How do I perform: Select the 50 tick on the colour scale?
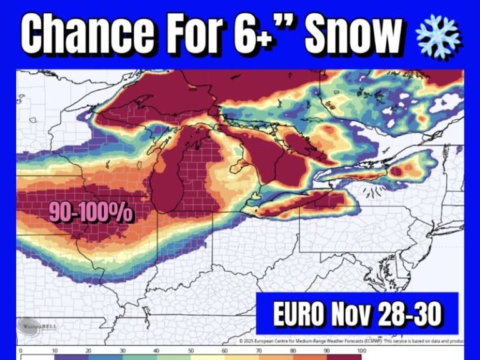[191, 351]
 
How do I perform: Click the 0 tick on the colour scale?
[21, 351]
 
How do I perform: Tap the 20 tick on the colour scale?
[89, 351]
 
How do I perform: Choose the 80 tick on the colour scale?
[292, 351]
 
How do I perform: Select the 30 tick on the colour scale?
[122, 351]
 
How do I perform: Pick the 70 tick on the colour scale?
[258, 351]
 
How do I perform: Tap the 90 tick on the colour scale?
[326, 351]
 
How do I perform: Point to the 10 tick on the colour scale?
[55, 351]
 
